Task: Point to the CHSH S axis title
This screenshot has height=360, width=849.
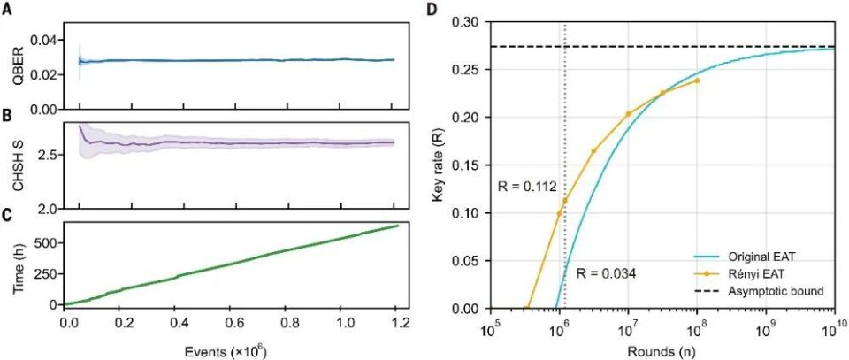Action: [11, 165]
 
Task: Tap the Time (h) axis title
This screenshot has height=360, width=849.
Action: [11, 263]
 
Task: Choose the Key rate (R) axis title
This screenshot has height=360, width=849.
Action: [440, 165]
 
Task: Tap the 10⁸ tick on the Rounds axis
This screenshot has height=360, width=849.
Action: [697, 329]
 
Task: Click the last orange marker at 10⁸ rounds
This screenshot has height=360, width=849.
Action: [697, 80]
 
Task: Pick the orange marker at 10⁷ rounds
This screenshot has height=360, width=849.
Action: [628, 113]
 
